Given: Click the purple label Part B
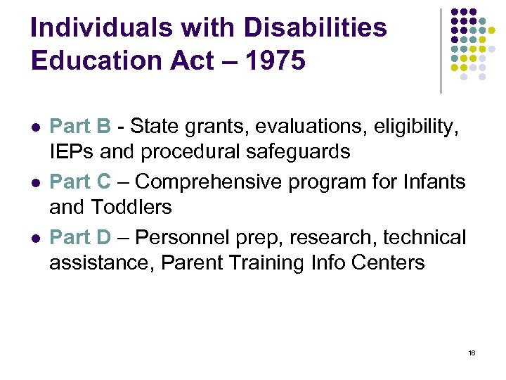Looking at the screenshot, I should (x=80, y=127).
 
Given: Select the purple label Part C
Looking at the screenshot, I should (x=80, y=182).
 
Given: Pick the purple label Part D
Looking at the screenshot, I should (x=80, y=238).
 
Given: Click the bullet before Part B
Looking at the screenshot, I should (x=35, y=128).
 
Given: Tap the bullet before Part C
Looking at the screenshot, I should (x=35, y=183).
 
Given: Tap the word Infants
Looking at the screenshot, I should (x=434, y=182).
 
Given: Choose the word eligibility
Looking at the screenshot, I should (x=415, y=127).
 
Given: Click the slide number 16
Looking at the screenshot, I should (x=472, y=353).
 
